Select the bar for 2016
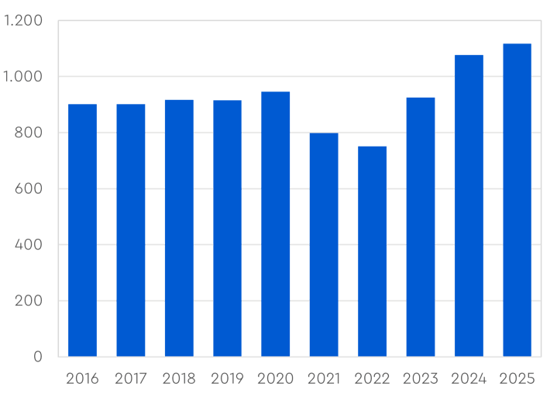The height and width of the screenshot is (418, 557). point(82,230)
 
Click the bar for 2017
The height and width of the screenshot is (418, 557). point(131,230)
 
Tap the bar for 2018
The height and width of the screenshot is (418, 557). point(179,228)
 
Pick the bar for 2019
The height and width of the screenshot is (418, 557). point(227,229)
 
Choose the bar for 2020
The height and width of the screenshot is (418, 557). point(276,224)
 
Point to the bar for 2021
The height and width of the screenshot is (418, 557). point(324,245)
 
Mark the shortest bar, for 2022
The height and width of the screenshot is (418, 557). point(373,251)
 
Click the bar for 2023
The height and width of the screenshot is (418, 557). point(421,227)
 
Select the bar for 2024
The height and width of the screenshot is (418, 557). point(469,206)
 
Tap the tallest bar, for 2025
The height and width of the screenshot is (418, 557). point(517,200)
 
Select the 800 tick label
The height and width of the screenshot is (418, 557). point(29,133)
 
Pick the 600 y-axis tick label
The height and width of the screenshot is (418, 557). point(29,188)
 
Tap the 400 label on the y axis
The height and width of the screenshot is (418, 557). point(29,245)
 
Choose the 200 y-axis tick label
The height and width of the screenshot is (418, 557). point(29,301)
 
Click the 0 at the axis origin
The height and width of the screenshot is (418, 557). point(37,357)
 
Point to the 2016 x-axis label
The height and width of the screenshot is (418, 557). point(82,379)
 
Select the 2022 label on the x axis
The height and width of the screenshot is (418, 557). point(373,379)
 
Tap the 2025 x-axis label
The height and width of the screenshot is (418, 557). point(517,379)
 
